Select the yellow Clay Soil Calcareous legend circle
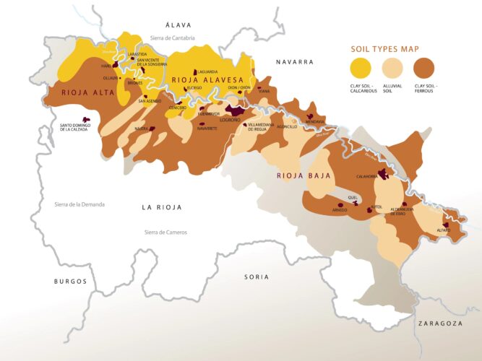point(361,69)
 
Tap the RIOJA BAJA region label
point(304,175)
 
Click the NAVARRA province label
point(294,62)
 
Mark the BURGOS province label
point(69,281)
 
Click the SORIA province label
point(257,277)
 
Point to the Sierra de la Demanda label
point(79,204)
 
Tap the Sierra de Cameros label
point(165,232)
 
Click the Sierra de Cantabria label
point(173,37)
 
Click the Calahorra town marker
point(384,175)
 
